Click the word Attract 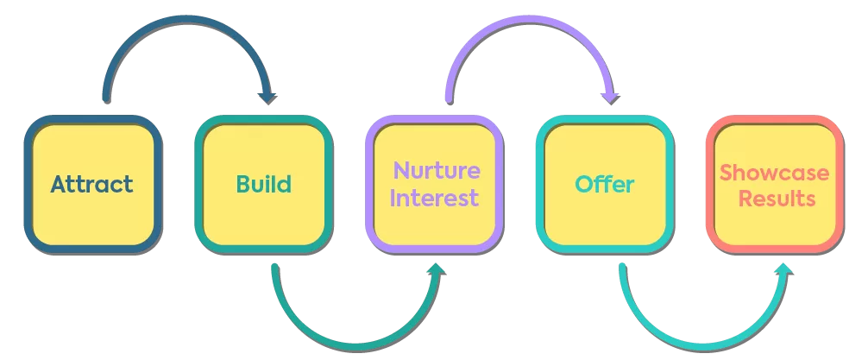tap(91, 185)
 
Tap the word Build tap(263, 185)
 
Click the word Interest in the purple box tap(434, 199)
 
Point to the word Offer tap(605, 185)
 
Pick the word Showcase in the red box tap(774, 172)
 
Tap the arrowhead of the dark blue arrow tap(268, 97)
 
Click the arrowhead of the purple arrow tap(610, 97)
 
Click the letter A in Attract tap(59, 185)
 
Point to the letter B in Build tap(243, 185)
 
